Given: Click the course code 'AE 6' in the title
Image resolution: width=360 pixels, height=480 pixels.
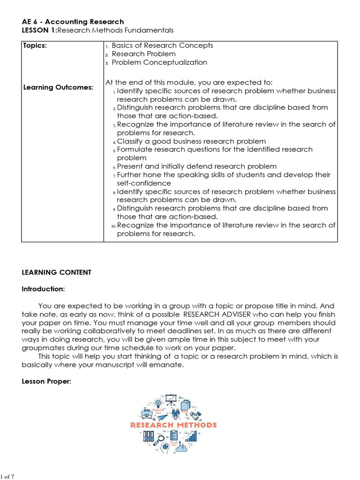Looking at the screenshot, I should tap(30, 22).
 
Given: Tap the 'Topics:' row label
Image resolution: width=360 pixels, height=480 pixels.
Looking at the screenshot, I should tap(35, 45).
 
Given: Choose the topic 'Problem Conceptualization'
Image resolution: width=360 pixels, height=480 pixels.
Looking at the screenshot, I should tap(159, 62).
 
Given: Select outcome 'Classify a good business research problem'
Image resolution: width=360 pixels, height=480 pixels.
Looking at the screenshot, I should tap(191, 141).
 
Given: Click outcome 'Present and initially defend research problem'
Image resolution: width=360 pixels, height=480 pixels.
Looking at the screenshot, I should tap(196, 166).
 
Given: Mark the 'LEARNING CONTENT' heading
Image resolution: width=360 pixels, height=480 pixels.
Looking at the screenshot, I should tap(57, 272).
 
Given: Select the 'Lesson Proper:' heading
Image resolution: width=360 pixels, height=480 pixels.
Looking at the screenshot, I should tap(46, 382).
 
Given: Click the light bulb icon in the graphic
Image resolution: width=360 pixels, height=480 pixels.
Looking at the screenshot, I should tap(158, 403).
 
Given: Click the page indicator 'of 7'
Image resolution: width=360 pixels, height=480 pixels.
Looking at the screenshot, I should tap(9, 477).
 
